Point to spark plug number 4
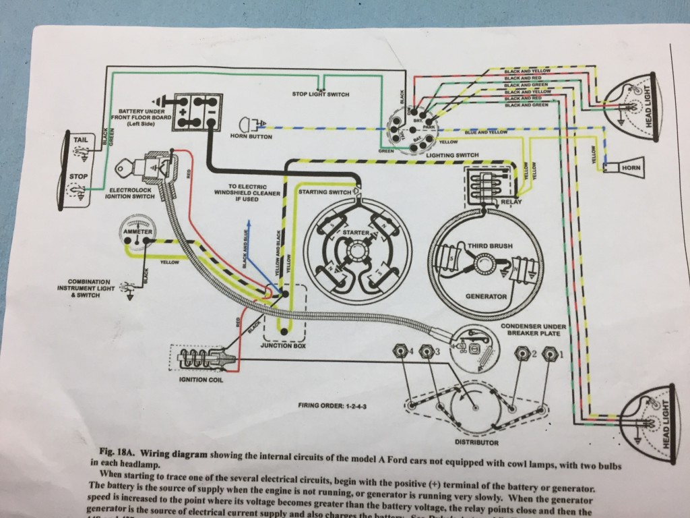pos(404,351)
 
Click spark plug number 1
pos(551,353)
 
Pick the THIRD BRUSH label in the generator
pos(483,247)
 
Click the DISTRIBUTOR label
pos(476,442)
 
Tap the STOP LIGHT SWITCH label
pos(320,94)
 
